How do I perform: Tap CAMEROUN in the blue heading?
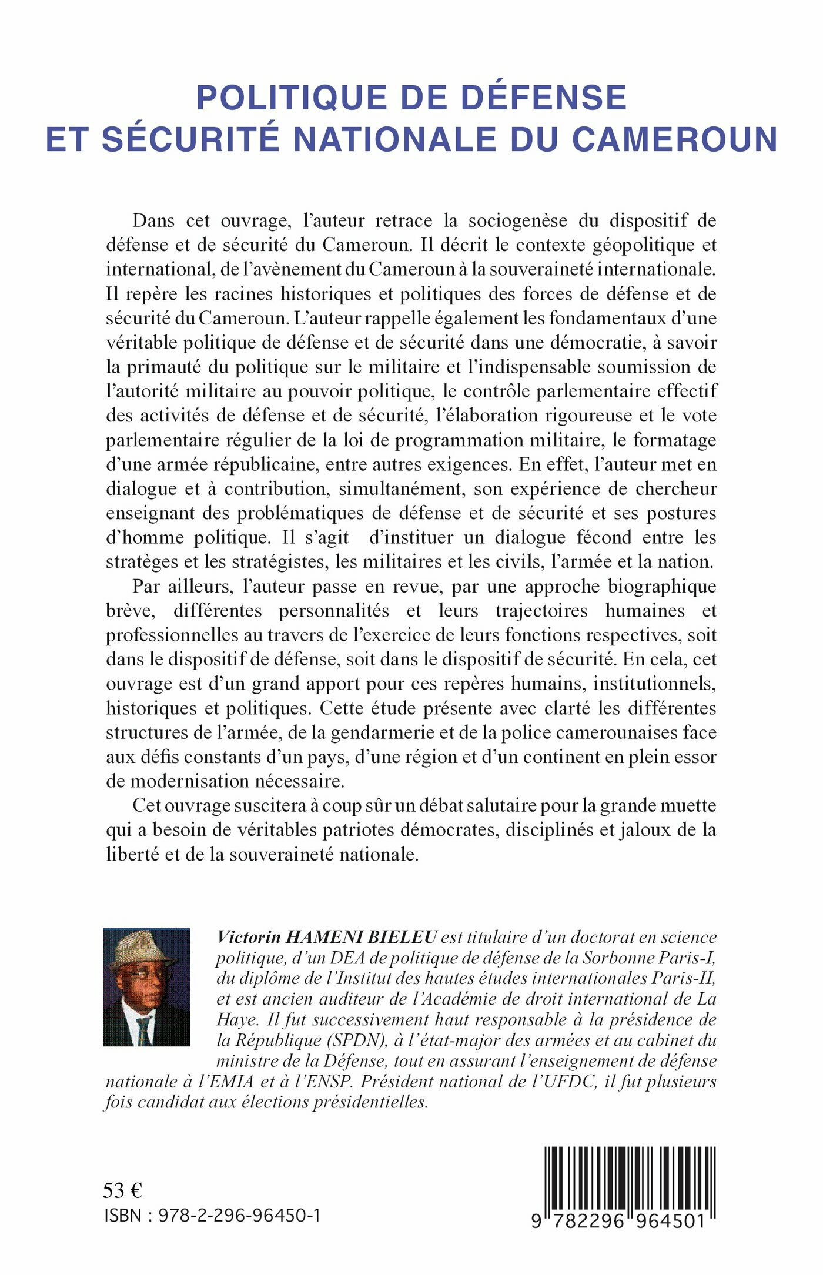(x=674, y=140)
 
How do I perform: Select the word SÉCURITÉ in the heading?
(x=190, y=140)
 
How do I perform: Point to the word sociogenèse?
(x=517, y=220)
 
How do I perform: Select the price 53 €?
(x=122, y=1190)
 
